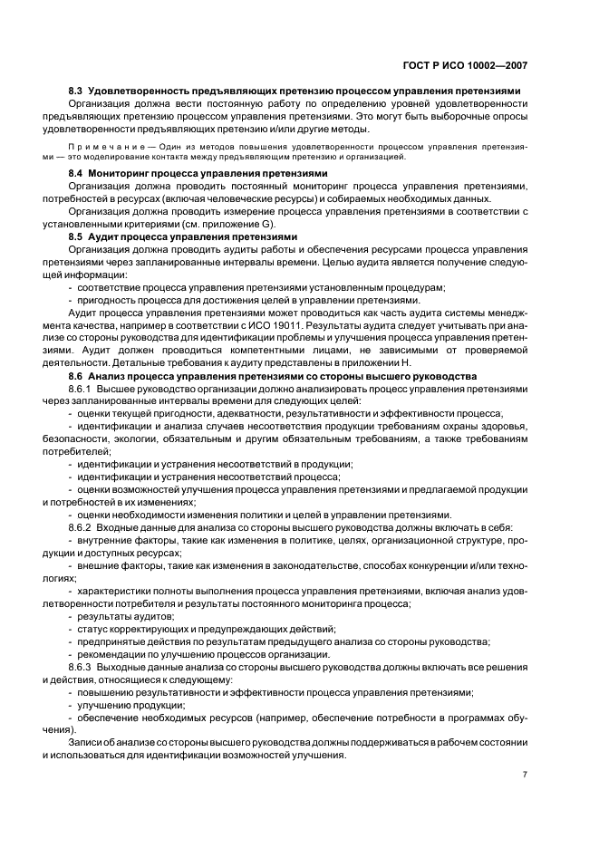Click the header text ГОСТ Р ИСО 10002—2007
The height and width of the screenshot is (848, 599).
pyautogui.click(x=464, y=66)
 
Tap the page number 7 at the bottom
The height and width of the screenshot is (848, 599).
pyautogui.click(x=525, y=774)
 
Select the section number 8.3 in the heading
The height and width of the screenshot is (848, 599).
pyautogui.click(x=75, y=92)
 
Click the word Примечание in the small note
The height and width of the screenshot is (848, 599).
pyautogui.click(x=98, y=147)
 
